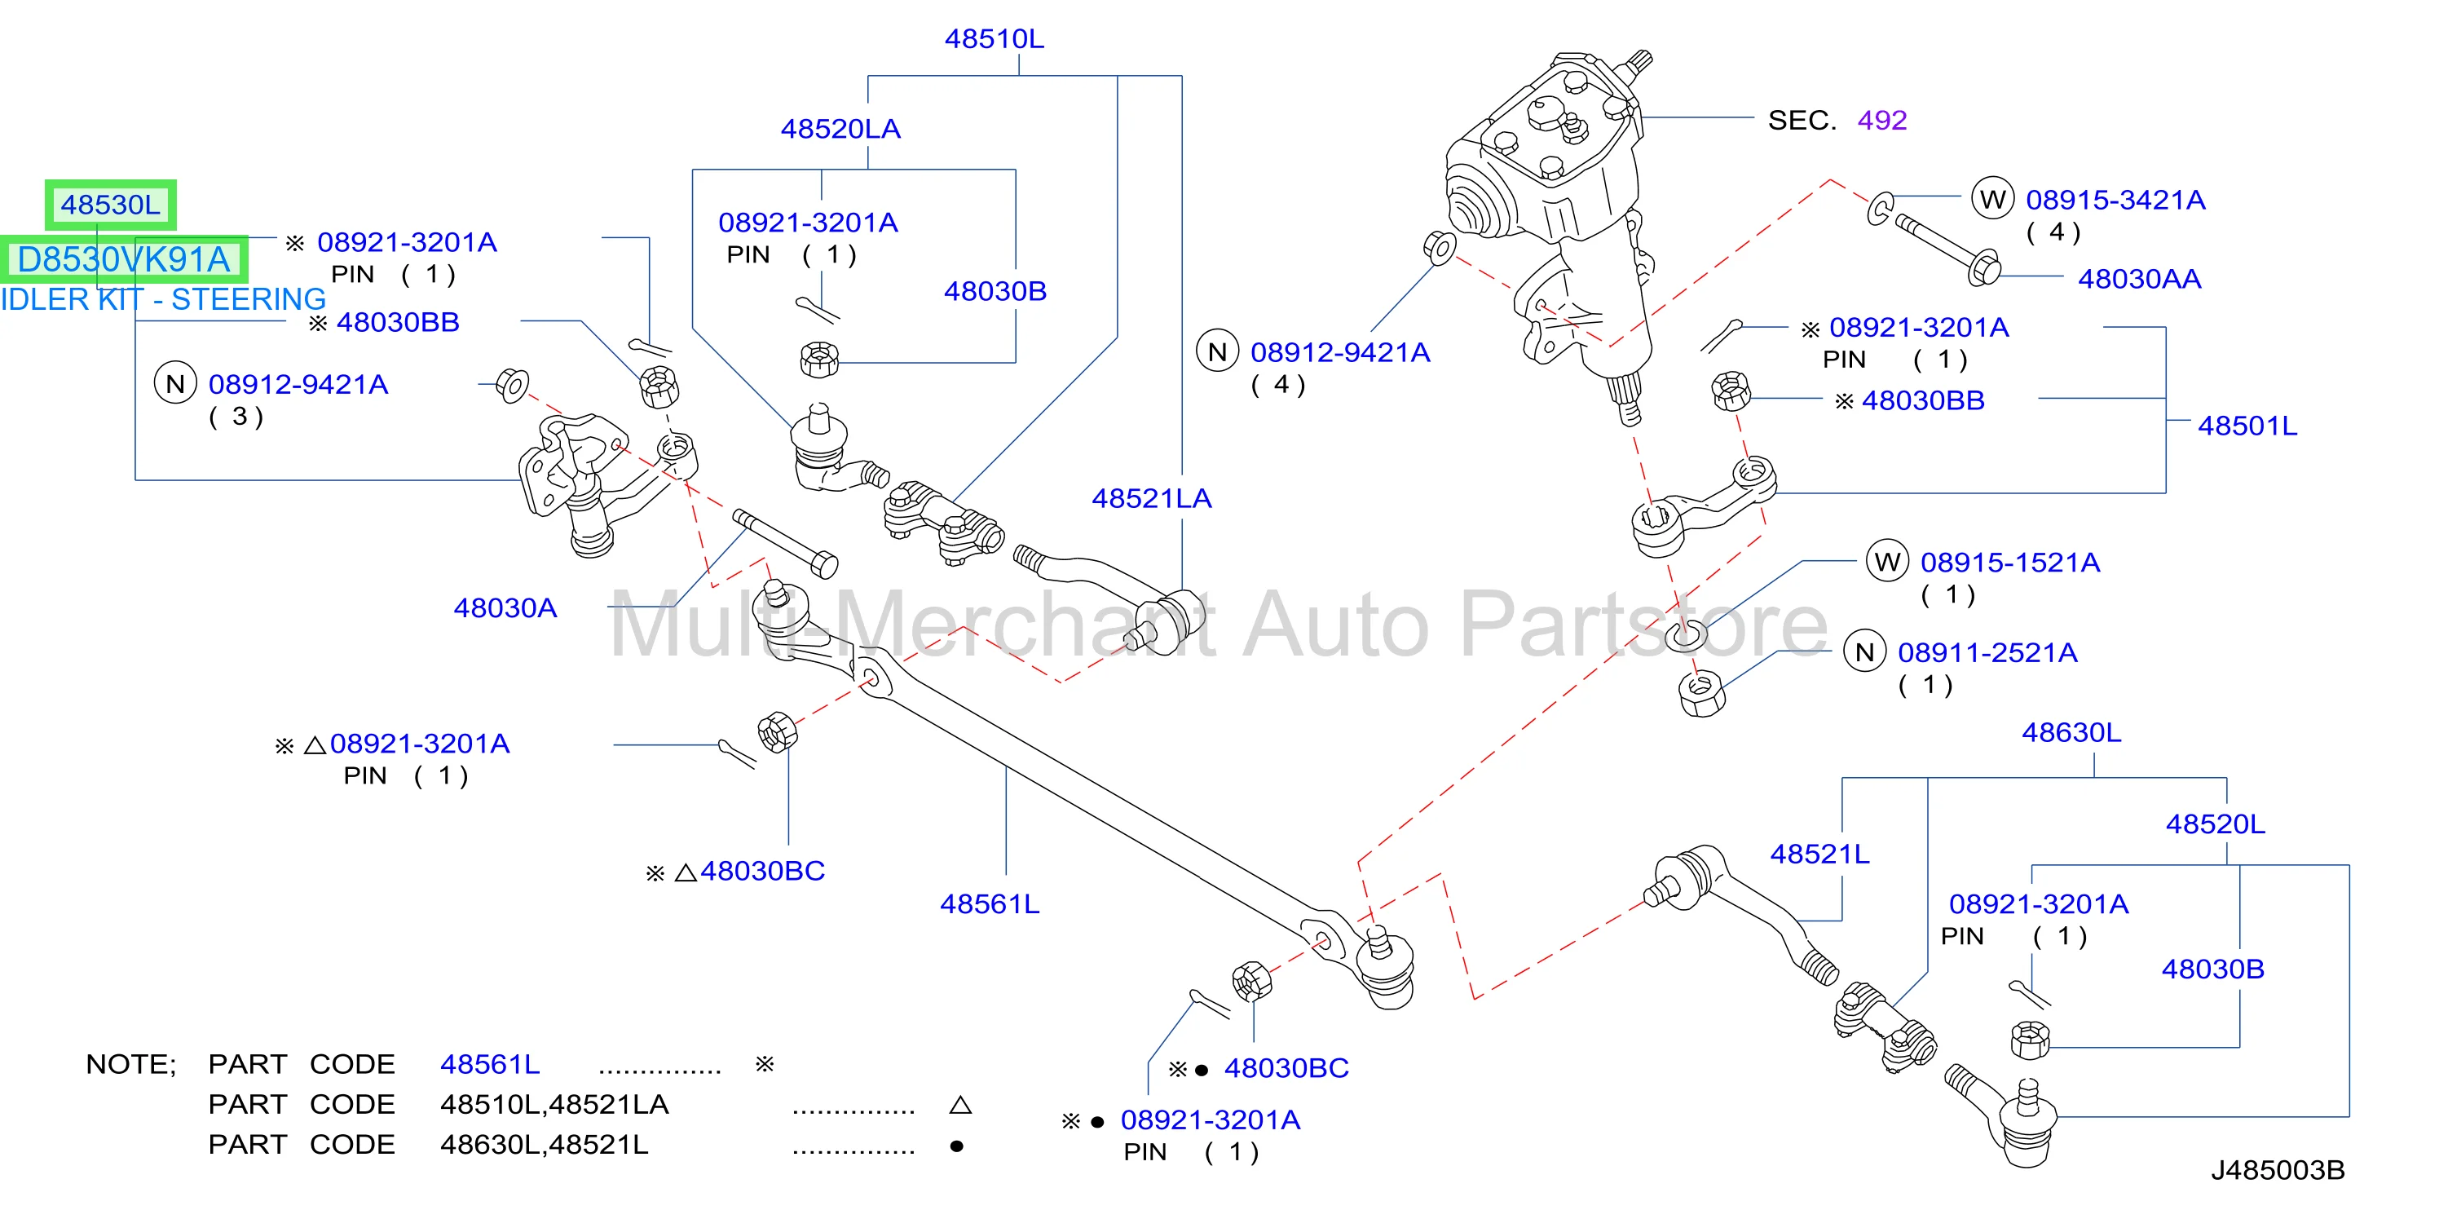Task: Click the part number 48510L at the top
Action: point(995,39)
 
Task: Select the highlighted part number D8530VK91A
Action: point(124,259)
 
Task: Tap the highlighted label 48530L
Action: point(111,205)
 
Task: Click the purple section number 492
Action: point(1881,120)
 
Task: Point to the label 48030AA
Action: point(2139,280)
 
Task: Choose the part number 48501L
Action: point(2247,426)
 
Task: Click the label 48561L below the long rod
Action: point(990,904)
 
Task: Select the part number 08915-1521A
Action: point(2010,563)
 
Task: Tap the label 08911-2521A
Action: point(1987,652)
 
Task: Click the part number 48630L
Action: point(2071,733)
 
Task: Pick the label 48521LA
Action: point(1151,499)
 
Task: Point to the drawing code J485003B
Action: point(2278,1170)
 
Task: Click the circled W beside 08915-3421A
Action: point(1992,200)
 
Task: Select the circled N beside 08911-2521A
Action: point(1864,652)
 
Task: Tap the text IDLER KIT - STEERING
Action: point(163,299)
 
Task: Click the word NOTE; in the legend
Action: point(130,1065)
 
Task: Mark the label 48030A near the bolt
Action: point(505,607)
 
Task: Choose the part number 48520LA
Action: point(840,129)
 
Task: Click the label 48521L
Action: point(1819,854)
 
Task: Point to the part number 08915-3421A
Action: point(2115,200)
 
